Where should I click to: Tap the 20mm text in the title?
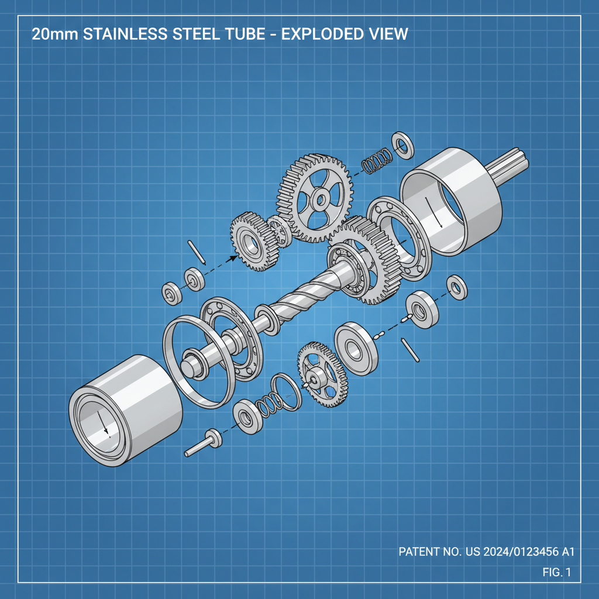click(56, 34)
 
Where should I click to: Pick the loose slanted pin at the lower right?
click(410, 349)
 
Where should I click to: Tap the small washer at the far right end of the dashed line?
click(456, 287)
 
